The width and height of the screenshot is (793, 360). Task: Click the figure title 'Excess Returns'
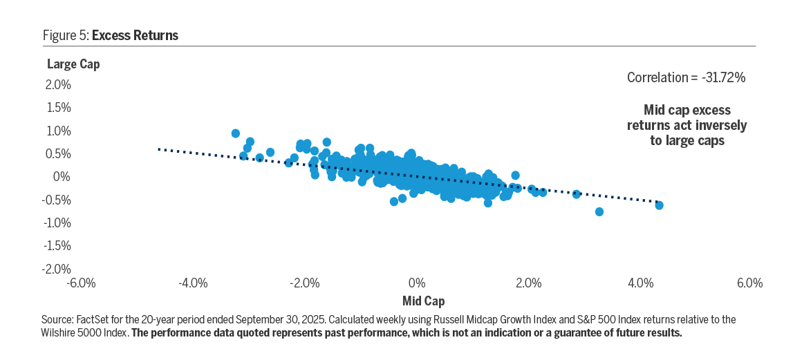click(x=135, y=35)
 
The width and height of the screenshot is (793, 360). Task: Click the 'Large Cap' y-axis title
click(x=73, y=64)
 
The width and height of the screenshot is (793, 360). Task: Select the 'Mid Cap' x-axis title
click(x=423, y=301)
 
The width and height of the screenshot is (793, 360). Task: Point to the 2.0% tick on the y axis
click(x=58, y=85)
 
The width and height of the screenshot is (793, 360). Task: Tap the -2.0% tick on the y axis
click(x=57, y=269)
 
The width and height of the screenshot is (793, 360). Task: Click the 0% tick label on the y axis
click(x=63, y=177)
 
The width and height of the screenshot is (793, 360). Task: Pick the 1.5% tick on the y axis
click(x=58, y=108)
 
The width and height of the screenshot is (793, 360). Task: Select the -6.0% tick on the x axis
click(x=81, y=283)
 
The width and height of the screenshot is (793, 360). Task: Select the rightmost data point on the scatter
click(x=659, y=205)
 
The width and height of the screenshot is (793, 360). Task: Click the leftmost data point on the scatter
click(x=236, y=133)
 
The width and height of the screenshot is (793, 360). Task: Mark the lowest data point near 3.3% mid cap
click(x=599, y=211)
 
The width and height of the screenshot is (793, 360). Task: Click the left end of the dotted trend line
click(x=159, y=149)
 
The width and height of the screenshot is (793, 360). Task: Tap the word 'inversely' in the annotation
click(x=723, y=126)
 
